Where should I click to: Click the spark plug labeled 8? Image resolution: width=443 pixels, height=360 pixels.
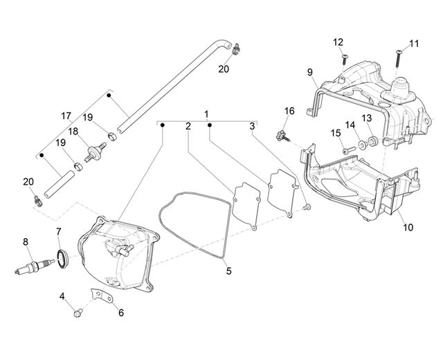(x=35, y=267)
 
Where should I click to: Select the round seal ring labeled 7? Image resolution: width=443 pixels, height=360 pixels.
(x=62, y=258)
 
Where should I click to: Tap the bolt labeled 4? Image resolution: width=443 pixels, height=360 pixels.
(x=78, y=313)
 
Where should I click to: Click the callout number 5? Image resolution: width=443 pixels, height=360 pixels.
(x=228, y=271)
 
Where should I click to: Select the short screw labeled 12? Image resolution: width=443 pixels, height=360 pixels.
(x=345, y=60)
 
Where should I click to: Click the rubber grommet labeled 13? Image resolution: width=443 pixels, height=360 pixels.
(x=373, y=141)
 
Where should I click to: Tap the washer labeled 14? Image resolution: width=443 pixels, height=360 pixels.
(x=362, y=145)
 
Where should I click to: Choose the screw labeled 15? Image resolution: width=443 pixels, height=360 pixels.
(x=349, y=150)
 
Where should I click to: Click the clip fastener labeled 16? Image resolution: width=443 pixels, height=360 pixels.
(x=282, y=136)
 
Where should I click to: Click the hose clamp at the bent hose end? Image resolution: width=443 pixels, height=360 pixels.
(x=236, y=48)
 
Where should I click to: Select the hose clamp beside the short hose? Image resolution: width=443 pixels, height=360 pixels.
(x=38, y=201)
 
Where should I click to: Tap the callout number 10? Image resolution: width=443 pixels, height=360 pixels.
(x=408, y=227)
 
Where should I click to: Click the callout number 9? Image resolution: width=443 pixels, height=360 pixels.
(x=310, y=72)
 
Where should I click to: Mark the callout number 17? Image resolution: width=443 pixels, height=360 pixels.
(x=66, y=116)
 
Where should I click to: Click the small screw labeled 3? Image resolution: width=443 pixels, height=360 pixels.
(x=307, y=207)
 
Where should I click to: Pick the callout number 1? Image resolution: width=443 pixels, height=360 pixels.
(x=206, y=114)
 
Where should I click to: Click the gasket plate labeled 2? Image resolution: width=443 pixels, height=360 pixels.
(x=246, y=206)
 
